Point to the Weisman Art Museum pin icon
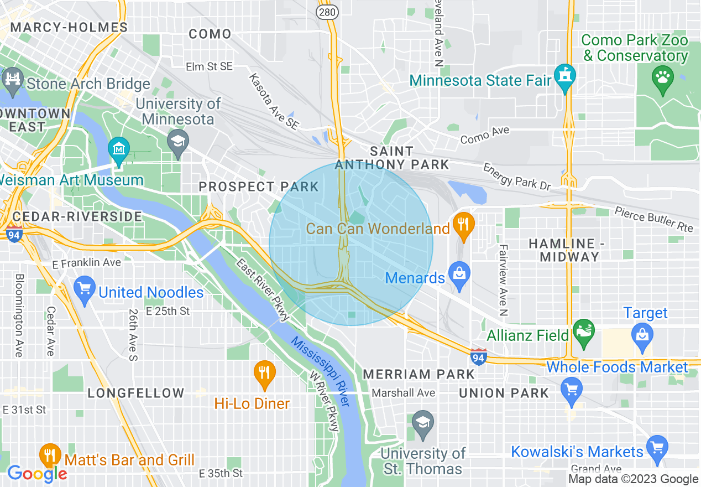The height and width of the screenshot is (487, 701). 119,148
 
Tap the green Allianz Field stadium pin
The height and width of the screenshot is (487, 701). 583,331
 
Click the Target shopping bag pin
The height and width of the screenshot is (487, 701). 642,334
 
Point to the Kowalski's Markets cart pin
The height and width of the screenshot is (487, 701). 657,447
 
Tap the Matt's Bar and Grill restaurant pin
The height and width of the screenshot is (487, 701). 50,456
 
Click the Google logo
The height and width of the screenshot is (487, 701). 37,473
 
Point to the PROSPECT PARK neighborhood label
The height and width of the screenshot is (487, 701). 259,187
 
